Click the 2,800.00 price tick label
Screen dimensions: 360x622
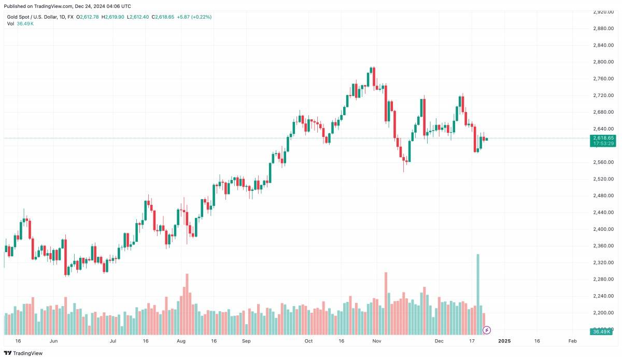(x=603, y=62)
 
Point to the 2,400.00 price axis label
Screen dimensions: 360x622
(x=603, y=229)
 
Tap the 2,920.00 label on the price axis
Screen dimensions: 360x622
(x=603, y=11)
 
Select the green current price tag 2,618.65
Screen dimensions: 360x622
(x=603, y=138)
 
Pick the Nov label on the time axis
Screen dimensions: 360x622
(x=377, y=341)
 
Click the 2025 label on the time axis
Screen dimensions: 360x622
(x=504, y=341)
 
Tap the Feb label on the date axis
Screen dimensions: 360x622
(x=573, y=341)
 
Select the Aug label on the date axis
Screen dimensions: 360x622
(x=181, y=341)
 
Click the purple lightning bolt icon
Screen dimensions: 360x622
(x=487, y=330)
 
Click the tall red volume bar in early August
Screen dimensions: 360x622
(x=187, y=303)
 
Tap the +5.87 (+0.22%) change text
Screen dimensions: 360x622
(x=194, y=17)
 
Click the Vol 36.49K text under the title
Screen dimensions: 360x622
(x=21, y=24)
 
